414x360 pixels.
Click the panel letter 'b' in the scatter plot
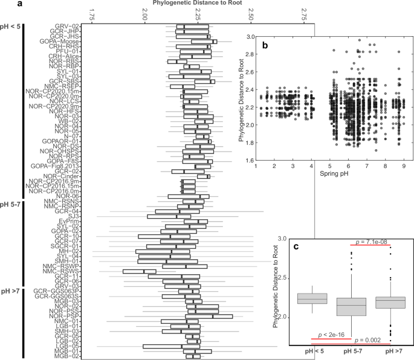[264, 45]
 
